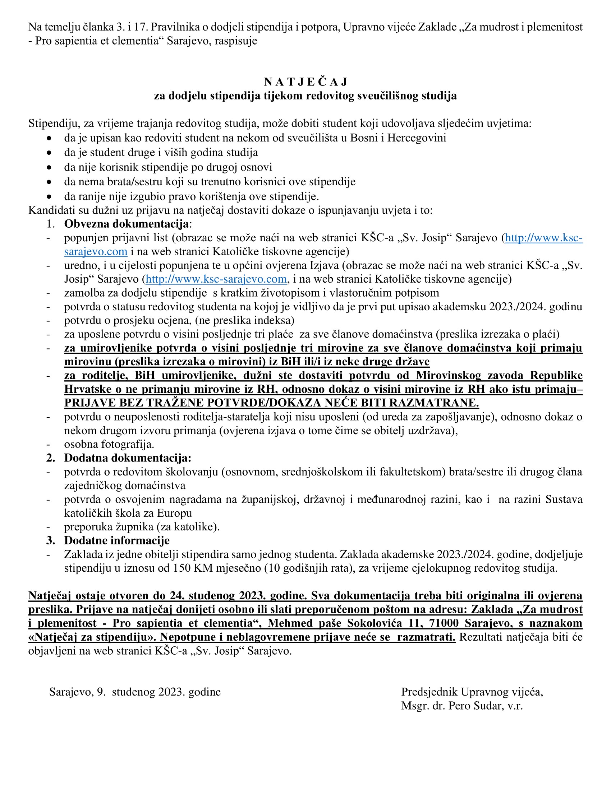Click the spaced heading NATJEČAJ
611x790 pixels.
coord(305,82)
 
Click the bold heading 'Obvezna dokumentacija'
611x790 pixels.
coord(126,224)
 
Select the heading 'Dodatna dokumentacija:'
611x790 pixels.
coord(128,458)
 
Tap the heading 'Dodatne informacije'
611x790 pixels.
coord(117,540)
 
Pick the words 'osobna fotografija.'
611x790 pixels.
coord(109,444)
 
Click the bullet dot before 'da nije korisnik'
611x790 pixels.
coord(49,167)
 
